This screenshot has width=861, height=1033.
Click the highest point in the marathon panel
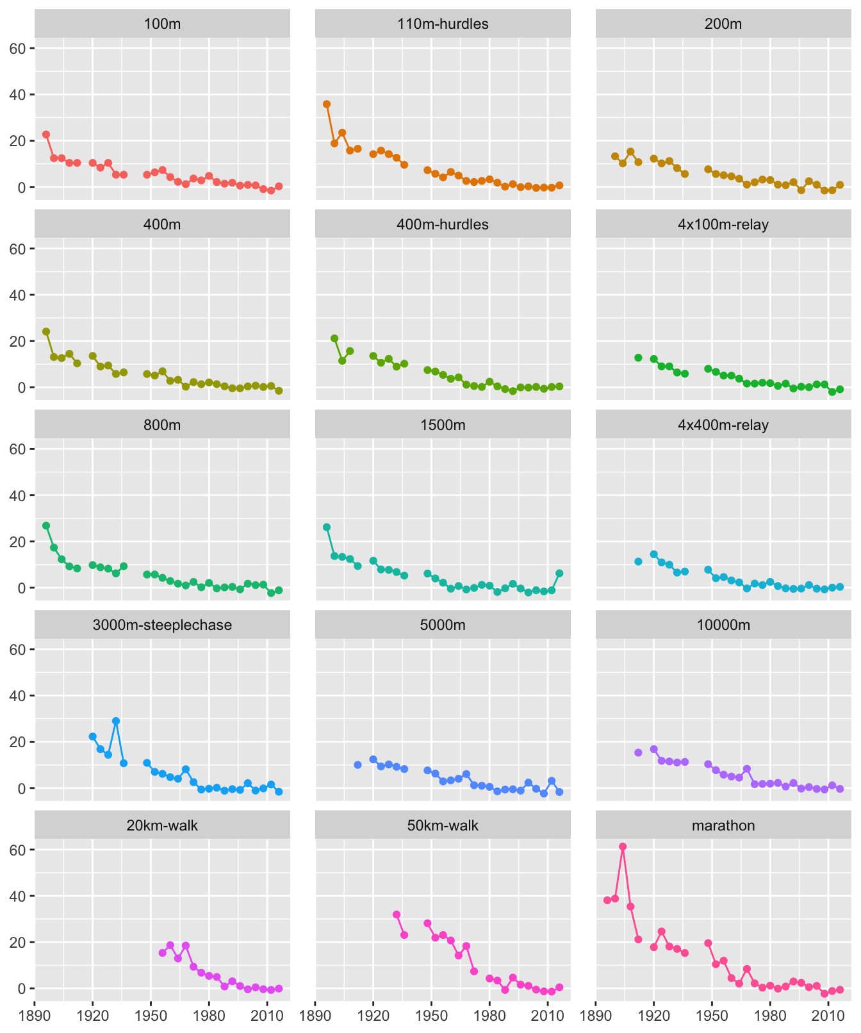pos(623,847)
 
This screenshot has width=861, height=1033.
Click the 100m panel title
pos(162,24)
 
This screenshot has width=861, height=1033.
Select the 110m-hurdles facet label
pos(443,24)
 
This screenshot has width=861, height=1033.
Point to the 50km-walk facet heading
pos(443,825)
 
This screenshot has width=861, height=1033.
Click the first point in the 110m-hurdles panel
pos(327,104)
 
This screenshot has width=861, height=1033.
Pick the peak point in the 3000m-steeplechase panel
pos(116,721)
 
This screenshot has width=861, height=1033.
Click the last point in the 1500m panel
pos(559,573)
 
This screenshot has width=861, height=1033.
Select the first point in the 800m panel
pos(46,525)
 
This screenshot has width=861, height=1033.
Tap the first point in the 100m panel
pos(46,135)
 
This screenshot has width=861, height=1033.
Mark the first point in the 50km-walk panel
pos(397,914)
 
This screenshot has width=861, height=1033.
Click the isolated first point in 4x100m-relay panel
pos(638,358)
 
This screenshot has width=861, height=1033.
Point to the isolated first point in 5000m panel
pos(357,764)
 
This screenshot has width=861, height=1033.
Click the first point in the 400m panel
pos(46,331)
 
